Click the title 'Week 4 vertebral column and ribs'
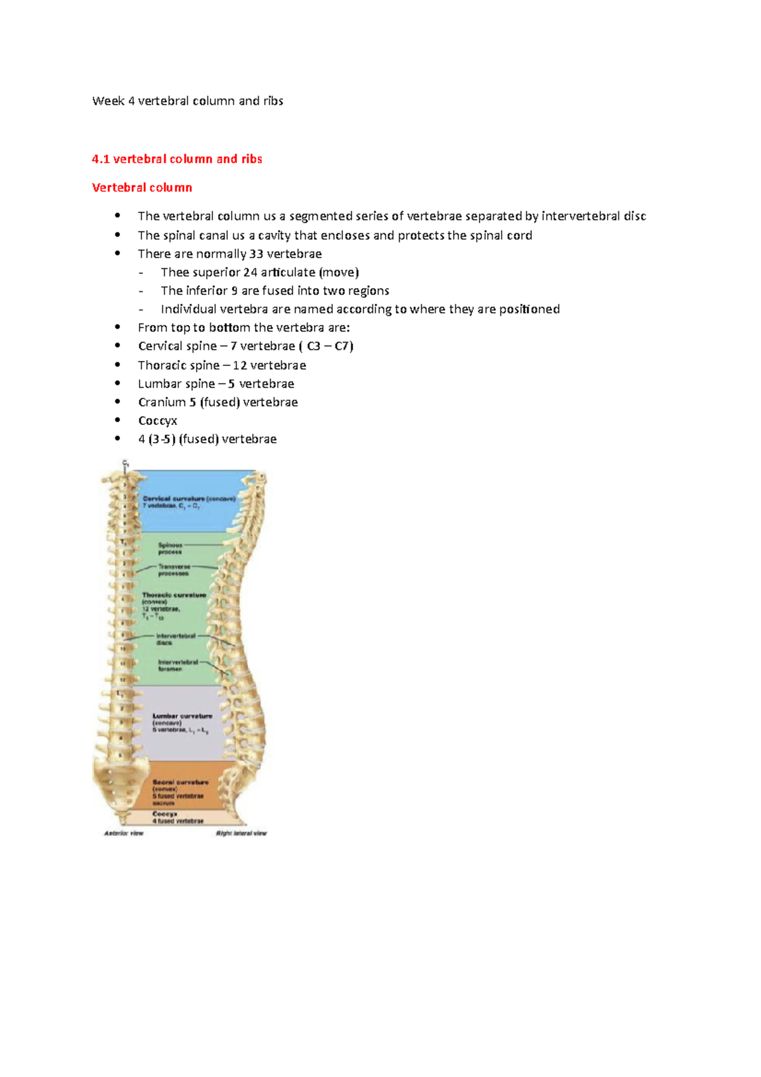tap(188, 101)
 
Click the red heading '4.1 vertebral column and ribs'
tap(177, 159)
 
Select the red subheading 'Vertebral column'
tap(142, 188)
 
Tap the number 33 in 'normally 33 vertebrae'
tap(256, 254)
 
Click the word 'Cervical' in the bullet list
tap(160, 346)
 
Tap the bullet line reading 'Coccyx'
tap(158, 421)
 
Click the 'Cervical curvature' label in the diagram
tap(174, 499)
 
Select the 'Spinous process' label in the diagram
tap(170, 549)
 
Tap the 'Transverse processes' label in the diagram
tap(174, 570)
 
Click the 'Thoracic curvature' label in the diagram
tap(174, 595)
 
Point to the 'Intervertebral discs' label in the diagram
tap(175, 639)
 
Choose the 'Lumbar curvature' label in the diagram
tap(183, 716)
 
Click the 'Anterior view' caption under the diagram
tap(124, 833)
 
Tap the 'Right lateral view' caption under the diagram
tap(242, 833)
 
